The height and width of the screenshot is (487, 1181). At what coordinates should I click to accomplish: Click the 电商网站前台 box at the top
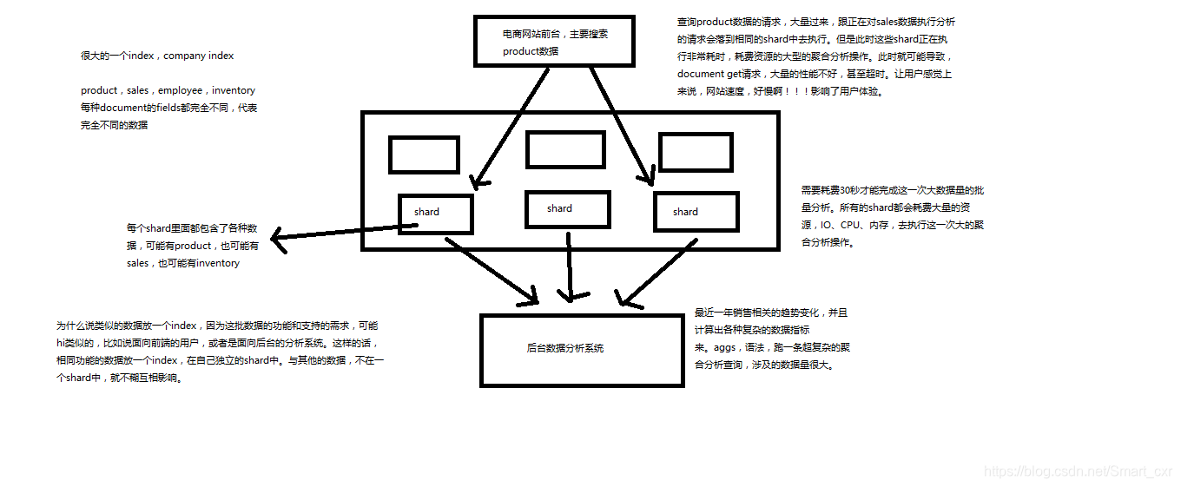553,42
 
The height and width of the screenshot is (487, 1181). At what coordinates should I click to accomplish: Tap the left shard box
436,214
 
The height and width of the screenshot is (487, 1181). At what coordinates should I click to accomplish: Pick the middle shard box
567,209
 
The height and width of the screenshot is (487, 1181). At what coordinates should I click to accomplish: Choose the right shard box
696,212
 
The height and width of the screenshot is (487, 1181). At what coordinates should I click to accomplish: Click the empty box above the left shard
424,155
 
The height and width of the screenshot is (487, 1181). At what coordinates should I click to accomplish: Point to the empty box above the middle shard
565,148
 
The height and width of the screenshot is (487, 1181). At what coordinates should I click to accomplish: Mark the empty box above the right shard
696,151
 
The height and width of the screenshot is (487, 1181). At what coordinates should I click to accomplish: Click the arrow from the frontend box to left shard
511,128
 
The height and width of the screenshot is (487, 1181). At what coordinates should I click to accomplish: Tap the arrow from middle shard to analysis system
570,265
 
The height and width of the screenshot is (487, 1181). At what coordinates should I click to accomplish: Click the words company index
199,56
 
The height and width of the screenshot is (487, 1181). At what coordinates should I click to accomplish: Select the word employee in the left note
181,90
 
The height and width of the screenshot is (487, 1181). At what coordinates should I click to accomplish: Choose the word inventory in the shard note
218,263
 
